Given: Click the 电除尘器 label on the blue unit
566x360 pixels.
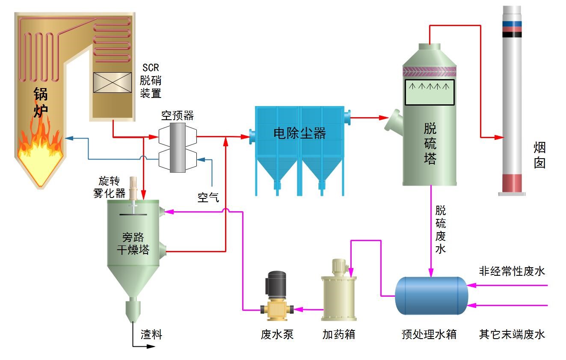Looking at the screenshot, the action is click(x=299, y=133).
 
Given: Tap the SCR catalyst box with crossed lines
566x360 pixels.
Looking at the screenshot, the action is click(x=113, y=83).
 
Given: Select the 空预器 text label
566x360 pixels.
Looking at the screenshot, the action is click(x=178, y=115).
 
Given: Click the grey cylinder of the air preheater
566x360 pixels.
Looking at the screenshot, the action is click(x=178, y=148).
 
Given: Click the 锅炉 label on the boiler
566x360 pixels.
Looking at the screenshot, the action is click(x=41, y=103).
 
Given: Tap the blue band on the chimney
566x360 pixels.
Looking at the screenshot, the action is click(x=512, y=24).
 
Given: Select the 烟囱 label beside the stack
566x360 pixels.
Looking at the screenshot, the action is click(x=539, y=155).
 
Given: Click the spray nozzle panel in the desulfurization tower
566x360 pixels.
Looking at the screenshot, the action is click(x=430, y=92).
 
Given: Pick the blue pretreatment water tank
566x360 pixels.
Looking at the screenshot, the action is click(x=432, y=296).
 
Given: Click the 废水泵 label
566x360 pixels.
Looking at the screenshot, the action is click(x=277, y=334).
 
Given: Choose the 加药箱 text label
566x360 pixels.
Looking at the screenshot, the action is click(x=339, y=334).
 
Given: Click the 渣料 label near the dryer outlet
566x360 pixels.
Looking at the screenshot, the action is click(x=151, y=334).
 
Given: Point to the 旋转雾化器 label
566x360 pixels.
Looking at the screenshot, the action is click(x=110, y=187).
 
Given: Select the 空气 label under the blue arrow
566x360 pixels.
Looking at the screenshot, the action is click(x=208, y=198).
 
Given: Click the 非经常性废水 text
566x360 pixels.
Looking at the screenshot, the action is click(x=512, y=271).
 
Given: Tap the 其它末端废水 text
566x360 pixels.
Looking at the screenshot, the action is click(x=512, y=334).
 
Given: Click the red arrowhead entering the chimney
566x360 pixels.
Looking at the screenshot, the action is click(x=499, y=138).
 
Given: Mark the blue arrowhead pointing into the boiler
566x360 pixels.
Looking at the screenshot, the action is click(x=69, y=138).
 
